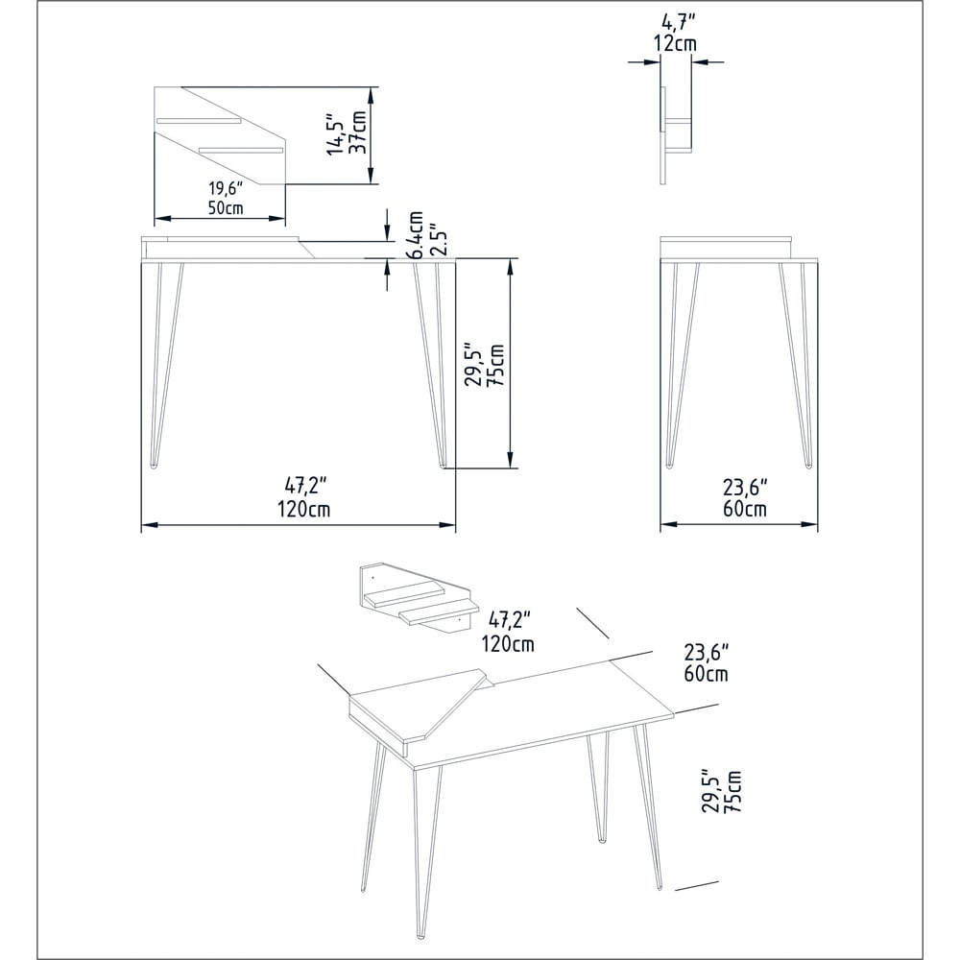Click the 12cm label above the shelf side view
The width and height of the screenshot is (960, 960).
(677, 43)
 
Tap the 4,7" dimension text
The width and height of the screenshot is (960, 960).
(677, 22)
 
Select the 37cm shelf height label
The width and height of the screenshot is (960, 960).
(358, 132)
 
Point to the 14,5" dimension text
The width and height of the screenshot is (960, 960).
(335, 133)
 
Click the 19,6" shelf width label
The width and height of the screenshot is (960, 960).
(227, 187)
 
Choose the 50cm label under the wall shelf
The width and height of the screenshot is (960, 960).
(227, 206)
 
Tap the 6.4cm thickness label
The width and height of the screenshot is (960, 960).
(417, 234)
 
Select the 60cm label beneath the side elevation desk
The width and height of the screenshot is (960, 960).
(744, 509)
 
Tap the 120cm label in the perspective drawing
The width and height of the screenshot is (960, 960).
(509, 643)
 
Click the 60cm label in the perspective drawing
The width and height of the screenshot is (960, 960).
(707, 673)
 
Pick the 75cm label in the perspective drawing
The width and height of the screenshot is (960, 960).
(734, 791)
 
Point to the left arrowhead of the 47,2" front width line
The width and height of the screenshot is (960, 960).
(147, 525)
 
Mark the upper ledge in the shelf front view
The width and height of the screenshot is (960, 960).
(200, 121)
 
